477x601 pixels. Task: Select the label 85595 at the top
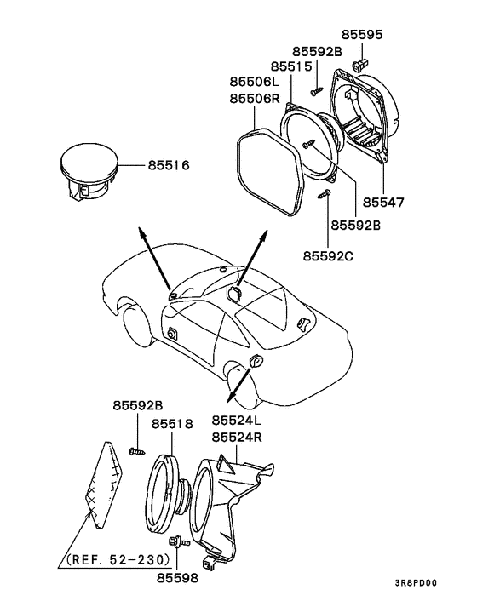363,35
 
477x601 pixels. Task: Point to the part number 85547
383,203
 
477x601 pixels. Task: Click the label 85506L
254,82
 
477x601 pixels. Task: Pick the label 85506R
254,99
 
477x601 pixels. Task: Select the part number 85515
294,66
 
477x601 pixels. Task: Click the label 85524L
237,421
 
